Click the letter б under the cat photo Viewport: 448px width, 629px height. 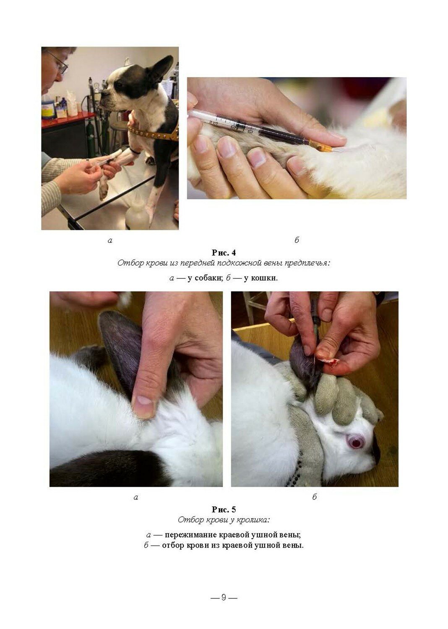coord(297,240)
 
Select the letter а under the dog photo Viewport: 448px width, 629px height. coord(110,240)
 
